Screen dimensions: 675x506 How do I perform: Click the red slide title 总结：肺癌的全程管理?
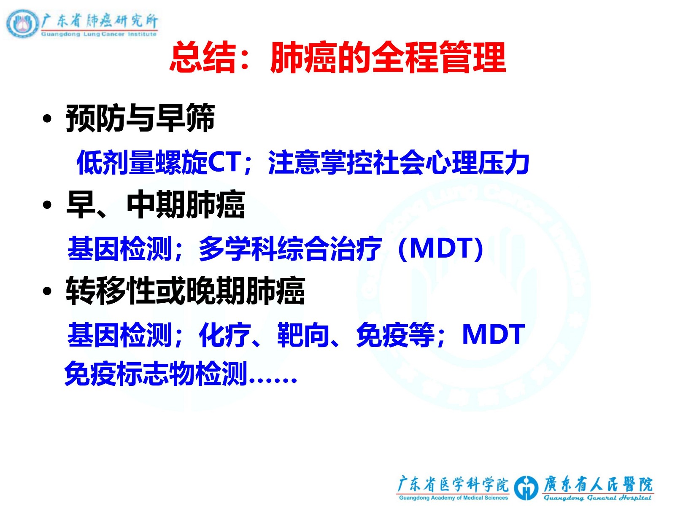point(337,58)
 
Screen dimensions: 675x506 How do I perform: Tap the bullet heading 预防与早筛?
point(140,118)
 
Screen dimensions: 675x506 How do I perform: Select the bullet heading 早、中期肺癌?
point(155,205)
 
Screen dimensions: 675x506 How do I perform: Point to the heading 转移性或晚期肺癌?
point(186,291)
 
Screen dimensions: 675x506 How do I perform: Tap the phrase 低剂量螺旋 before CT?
point(142,162)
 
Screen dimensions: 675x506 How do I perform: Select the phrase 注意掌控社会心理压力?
point(399,162)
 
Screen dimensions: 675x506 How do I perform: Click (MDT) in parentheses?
point(440,248)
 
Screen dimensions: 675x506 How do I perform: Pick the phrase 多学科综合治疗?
point(290,248)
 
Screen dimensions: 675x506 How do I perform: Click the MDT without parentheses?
point(493,334)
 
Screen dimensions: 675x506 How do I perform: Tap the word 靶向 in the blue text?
point(303,335)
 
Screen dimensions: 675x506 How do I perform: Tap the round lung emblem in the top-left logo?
point(22,24)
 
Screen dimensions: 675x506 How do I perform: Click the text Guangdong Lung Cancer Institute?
point(99,34)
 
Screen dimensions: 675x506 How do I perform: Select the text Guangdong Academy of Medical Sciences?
point(454,498)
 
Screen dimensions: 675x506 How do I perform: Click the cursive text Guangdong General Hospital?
point(597,498)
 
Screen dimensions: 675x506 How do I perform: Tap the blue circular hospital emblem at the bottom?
point(526,487)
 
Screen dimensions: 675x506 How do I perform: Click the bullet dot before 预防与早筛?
point(47,118)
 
